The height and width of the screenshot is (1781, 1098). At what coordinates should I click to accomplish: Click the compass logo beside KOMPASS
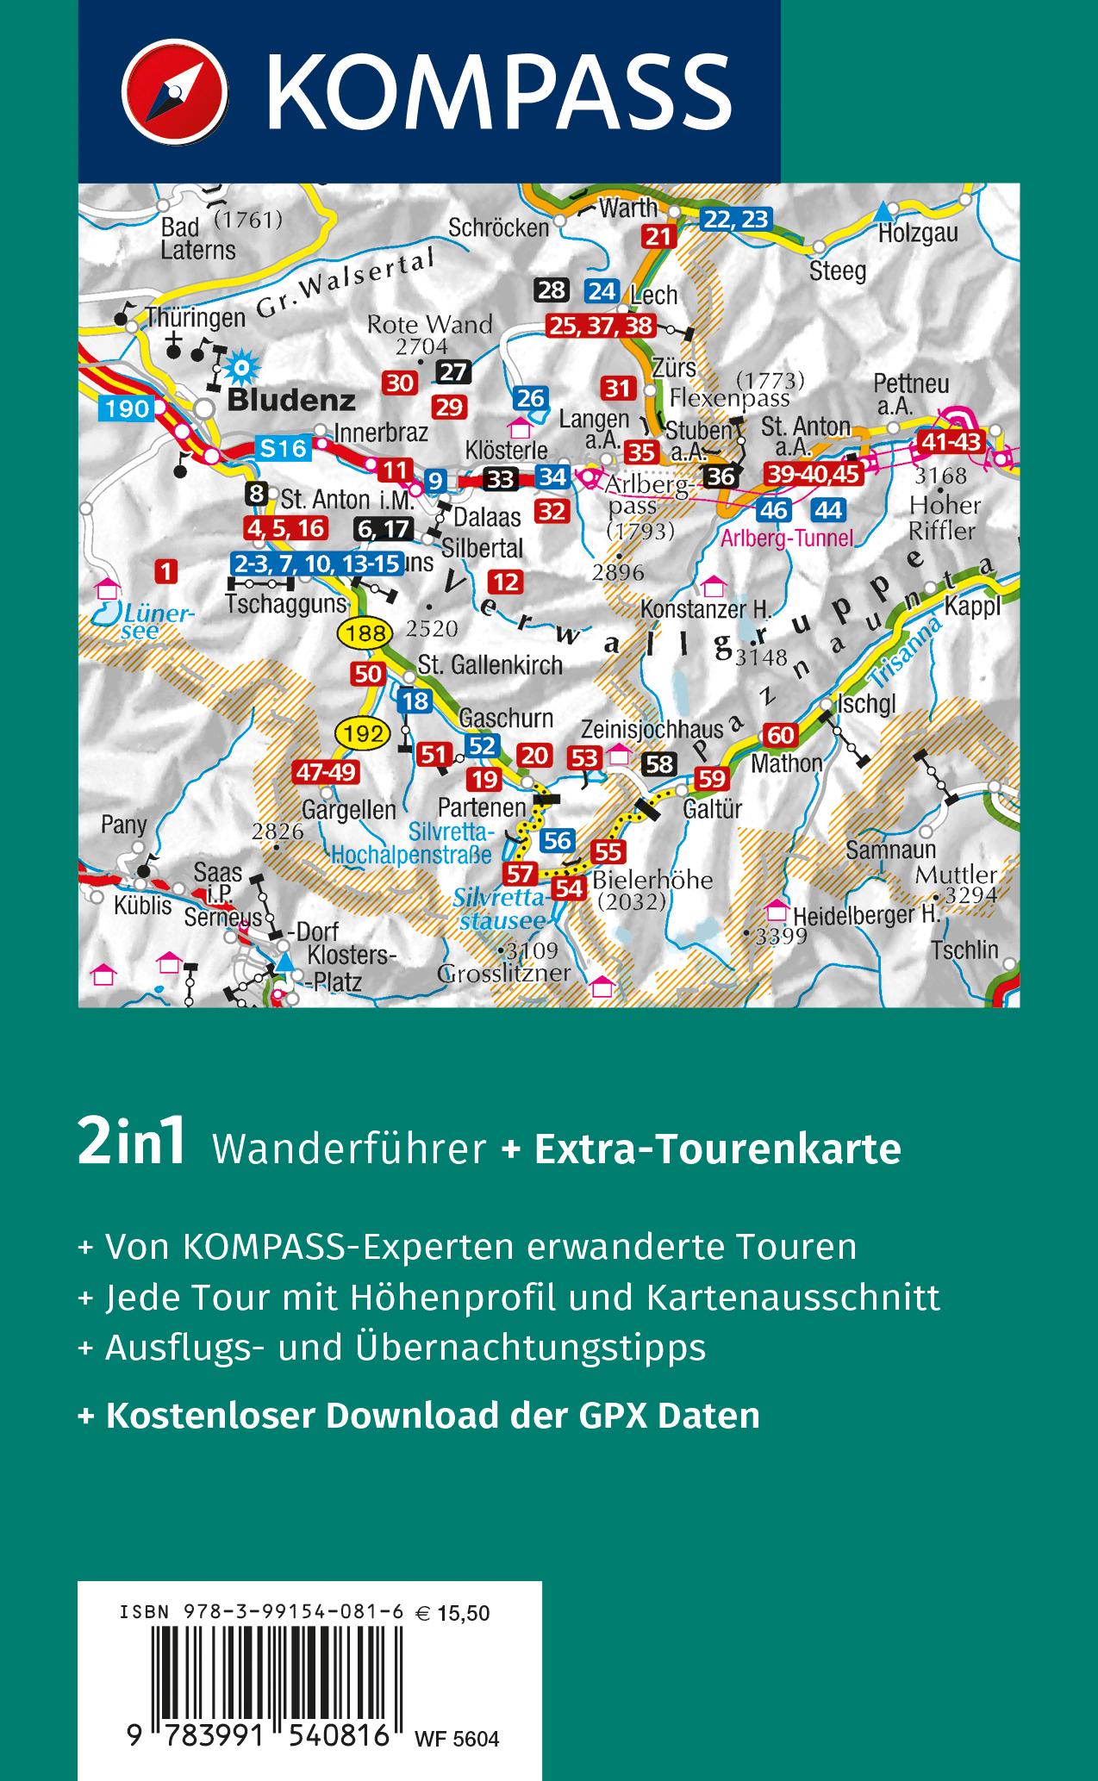(174, 90)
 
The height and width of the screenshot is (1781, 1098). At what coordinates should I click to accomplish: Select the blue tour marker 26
(531, 398)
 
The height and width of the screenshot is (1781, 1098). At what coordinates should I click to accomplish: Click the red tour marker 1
(166, 570)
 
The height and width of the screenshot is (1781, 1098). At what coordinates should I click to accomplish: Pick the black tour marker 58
(660, 763)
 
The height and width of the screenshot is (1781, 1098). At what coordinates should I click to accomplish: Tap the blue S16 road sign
(282, 447)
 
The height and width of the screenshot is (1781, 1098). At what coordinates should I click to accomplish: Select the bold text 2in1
(132, 1147)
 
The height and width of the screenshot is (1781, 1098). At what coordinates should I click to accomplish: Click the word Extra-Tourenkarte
(718, 1149)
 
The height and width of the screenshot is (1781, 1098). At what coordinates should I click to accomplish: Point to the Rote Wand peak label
(429, 325)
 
